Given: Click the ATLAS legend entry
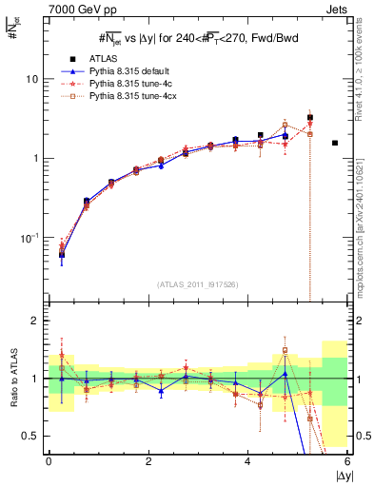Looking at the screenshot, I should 104,56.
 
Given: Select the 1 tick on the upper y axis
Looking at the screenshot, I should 35,158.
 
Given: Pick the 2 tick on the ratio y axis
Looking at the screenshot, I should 34,321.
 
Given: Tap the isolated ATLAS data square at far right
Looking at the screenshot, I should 335,143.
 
